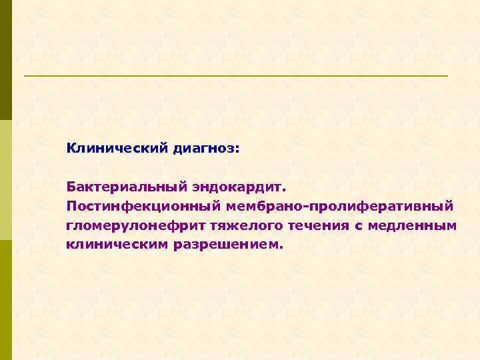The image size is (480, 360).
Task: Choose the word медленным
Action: pos(414,225)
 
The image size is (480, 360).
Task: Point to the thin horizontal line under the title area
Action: pos(236,76)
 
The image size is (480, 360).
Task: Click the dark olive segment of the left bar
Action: pos(6,60)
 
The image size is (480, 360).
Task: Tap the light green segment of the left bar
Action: pos(6,180)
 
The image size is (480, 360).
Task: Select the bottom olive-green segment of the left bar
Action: pos(6,300)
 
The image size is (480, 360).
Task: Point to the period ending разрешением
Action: pos(282,247)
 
